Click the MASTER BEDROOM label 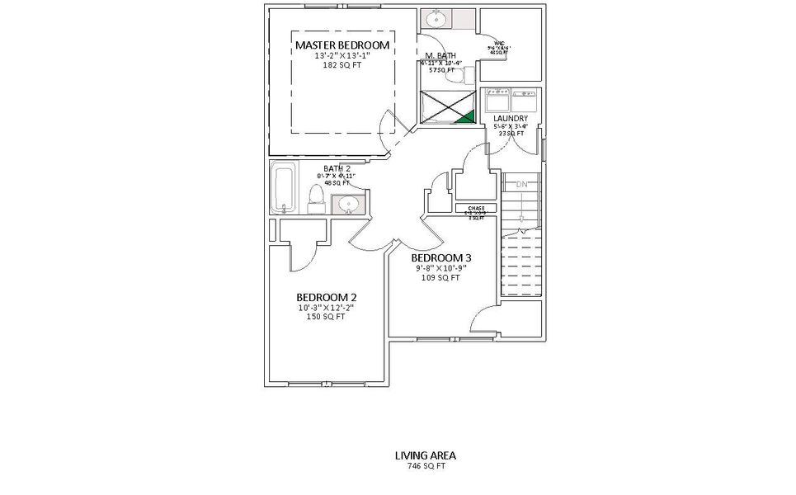pos(341,45)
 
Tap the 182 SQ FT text pos(341,64)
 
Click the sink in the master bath pos(436,19)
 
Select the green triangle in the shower pos(466,117)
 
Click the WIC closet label pos(499,43)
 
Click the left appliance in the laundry pos(497,101)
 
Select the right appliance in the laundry pos(524,101)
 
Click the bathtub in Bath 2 pos(283,189)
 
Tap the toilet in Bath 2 pos(316,197)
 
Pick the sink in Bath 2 pos(350,205)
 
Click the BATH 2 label pos(337,168)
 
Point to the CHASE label pos(476,208)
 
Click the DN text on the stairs pos(521,184)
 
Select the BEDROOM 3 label pos(440,258)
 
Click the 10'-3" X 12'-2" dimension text pos(326,308)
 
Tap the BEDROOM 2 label pos(326,297)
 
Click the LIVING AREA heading pos(425,455)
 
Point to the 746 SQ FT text pos(425,465)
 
